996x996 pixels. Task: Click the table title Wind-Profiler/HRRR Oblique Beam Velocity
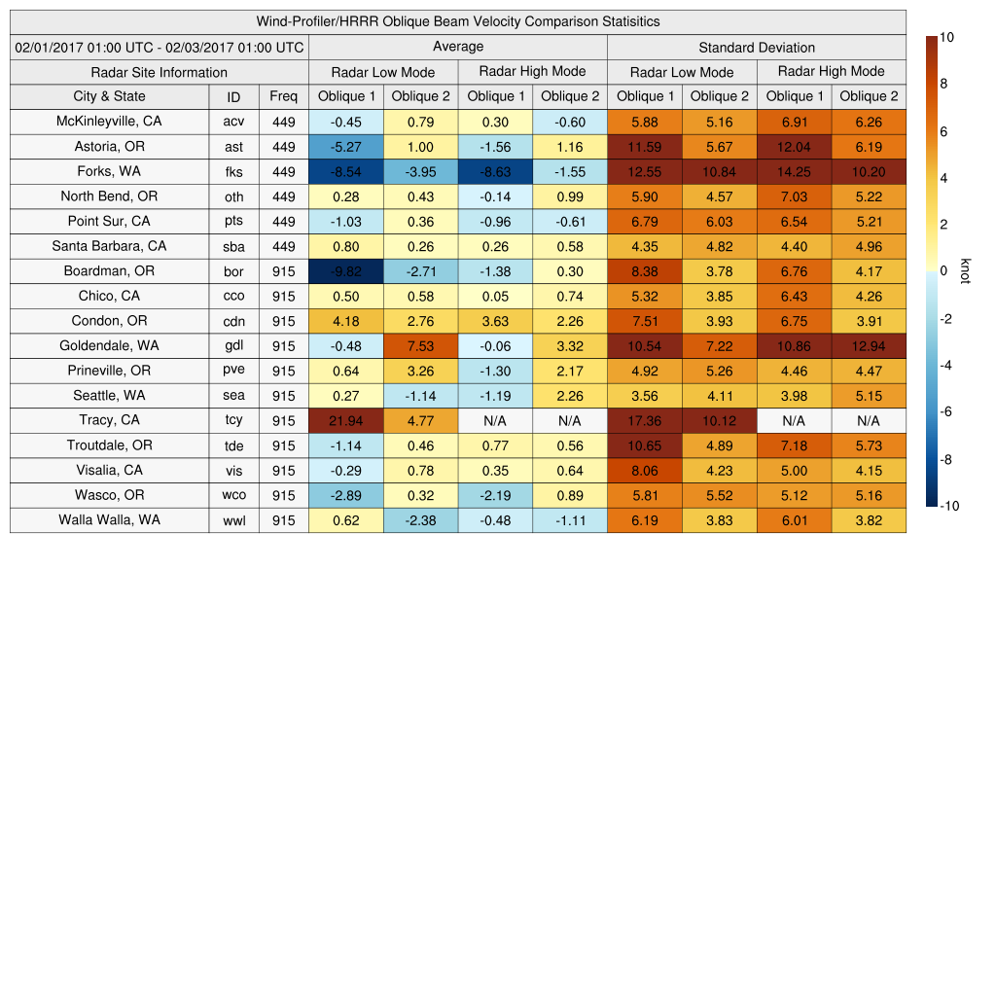[458, 21]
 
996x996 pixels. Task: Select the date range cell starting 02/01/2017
[160, 47]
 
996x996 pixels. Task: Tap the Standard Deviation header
[757, 47]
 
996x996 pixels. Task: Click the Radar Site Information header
[160, 72]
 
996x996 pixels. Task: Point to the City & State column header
[109, 96]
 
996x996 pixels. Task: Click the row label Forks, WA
[109, 171]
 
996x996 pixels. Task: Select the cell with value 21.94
[346, 420]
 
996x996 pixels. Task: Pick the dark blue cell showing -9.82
[346, 271]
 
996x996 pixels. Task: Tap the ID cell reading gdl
[233, 346]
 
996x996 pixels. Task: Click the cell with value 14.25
[794, 171]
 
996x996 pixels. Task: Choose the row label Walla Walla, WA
[109, 519]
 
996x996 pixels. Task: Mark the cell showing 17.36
[644, 420]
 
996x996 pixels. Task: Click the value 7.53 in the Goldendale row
[420, 345]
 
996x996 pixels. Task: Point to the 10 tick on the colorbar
[945, 37]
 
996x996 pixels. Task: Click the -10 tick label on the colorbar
[948, 506]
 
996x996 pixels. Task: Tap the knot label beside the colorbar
[965, 271]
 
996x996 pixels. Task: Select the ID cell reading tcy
[233, 420]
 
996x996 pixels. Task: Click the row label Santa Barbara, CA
[109, 246]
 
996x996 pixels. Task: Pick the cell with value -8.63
[495, 171]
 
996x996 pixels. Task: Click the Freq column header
[284, 96]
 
